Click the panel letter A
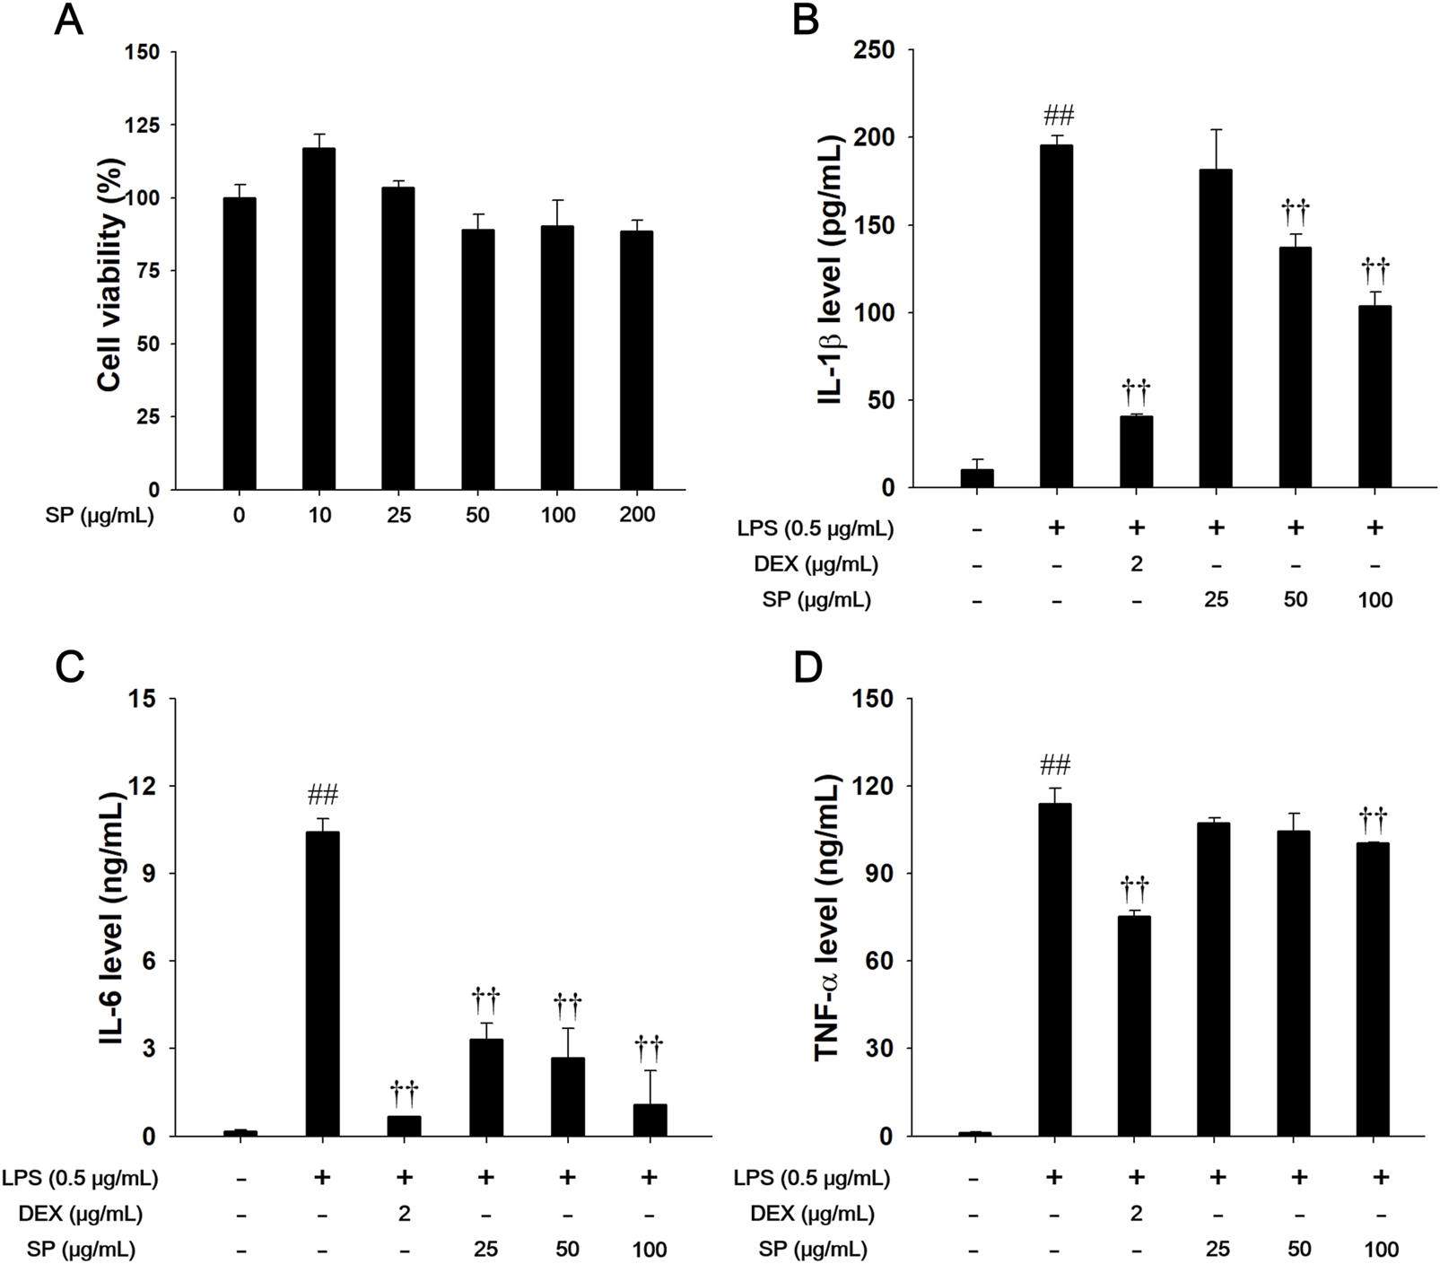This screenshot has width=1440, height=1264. [x=68, y=20]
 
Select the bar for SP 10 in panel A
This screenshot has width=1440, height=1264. [x=319, y=318]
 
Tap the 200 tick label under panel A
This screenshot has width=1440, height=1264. [x=636, y=515]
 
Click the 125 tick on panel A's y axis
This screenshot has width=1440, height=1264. [x=143, y=125]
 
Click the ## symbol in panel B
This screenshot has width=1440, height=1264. [x=1057, y=115]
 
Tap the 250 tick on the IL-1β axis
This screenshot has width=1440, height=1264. [x=876, y=50]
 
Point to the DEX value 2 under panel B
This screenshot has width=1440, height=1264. [x=1136, y=564]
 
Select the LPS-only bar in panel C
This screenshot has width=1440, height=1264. [x=322, y=983]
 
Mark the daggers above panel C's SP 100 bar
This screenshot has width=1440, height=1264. [x=649, y=1045]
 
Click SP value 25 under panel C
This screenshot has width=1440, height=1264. [x=485, y=1249]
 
